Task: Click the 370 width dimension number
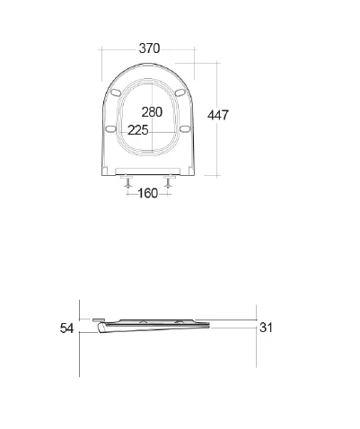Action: (x=149, y=48)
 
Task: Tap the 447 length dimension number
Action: (x=218, y=115)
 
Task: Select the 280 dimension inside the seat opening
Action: (x=152, y=112)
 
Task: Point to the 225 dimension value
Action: (x=138, y=130)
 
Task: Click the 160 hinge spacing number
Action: (x=147, y=193)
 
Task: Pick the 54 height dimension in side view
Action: (x=66, y=328)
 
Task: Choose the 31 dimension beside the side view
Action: (x=266, y=328)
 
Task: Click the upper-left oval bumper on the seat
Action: (x=116, y=92)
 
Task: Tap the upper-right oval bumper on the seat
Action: (x=180, y=92)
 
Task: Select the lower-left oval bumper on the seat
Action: (x=110, y=128)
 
